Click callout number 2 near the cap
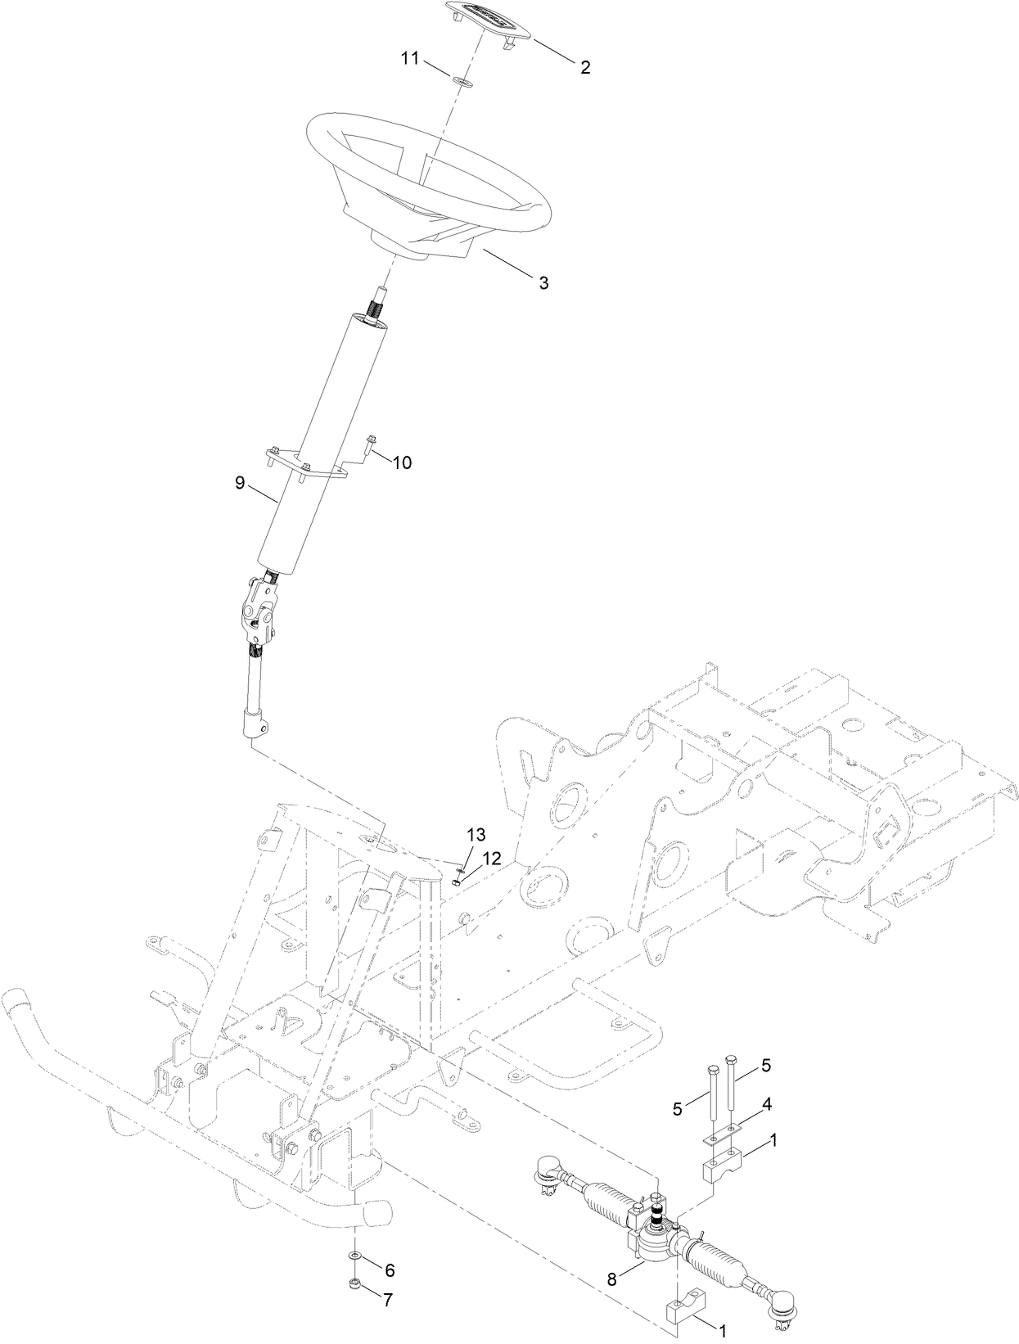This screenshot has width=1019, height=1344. coord(585,68)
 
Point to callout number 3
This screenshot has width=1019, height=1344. coord(543,283)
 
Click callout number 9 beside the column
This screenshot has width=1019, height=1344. coord(240,483)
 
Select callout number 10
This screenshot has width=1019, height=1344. coord(401,462)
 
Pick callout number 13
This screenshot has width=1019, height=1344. coord(476,835)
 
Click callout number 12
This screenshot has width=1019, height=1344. coord(491,858)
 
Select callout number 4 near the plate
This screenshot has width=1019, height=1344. coord(767,1104)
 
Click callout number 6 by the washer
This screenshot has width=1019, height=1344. coord(390,1247)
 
